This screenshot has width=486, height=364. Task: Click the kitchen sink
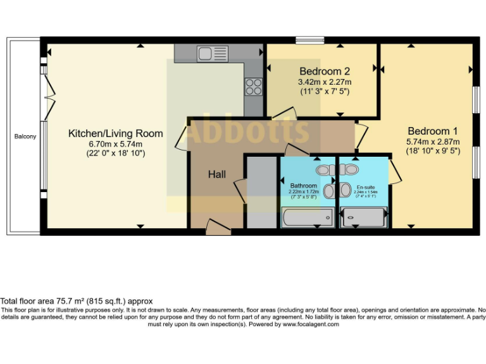pyautogui.click(x=207, y=53)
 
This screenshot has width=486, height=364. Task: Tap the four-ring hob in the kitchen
pyautogui.click(x=253, y=86)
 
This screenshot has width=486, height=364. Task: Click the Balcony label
pyautogui.click(x=25, y=136)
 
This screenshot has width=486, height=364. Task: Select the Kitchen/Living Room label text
pyautogui.click(x=115, y=133)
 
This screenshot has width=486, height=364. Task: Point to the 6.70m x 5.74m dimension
pyautogui.click(x=115, y=143)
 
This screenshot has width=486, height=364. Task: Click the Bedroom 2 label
pyautogui.click(x=325, y=71)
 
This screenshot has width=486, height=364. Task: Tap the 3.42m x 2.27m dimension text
pyautogui.click(x=325, y=82)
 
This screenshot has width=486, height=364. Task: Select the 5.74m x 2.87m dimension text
pyautogui.click(x=433, y=142)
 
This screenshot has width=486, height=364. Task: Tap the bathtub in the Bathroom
pyautogui.click(x=308, y=218)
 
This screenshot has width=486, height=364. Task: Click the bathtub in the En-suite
pyautogui.click(x=363, y=218)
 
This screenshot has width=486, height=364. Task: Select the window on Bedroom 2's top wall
pyautogui.click(x=309, y=41)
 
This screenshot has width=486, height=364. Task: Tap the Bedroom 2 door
pyautogui.click(x=283, y=114)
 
